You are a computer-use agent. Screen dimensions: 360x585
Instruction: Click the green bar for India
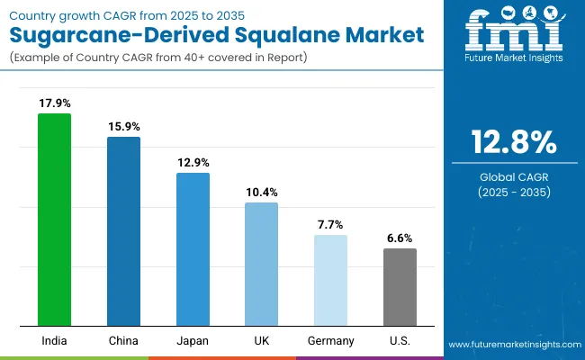pyautogui.click(x=54, y=220)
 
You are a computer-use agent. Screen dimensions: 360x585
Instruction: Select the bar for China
pyautogui.click(x=123, y=231)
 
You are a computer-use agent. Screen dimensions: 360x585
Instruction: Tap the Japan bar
pyautogui.click(x=193, y=249)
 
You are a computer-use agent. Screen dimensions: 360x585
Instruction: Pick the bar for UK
pyautogui.click(x=261, y=264)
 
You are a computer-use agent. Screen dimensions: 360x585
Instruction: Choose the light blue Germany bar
pyautogui.click(x=330, y=280)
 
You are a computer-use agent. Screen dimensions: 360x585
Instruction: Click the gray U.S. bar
pyautogui.click(x=400, y=287)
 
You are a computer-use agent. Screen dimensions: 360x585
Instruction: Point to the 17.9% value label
pyautogui.click(x=54, y=103)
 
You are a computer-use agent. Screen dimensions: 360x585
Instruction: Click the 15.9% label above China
pyautogui.click(x=123, y=126)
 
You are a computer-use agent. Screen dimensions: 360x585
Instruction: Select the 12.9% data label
pyautogui.click(x=193, y=162)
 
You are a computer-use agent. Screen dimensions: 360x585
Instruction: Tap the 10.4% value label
pyautogui.click(x=261, y=192)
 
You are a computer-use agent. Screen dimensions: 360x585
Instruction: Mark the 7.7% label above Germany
pyautogui.click(x=330, y=224)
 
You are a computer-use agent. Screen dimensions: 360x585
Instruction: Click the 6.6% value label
pyautogui.click(x=400, y=238)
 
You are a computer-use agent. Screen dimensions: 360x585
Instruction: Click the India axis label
pyautogui.click(x=54, y=341)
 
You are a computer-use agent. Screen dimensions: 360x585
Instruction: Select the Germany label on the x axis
pyautogui.click(x=330, y=341)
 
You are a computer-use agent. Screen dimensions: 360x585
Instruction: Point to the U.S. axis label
pyautogui.click(x=400, y=341)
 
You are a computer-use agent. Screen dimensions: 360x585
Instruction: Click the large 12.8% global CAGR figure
pyautogui.click(x=513, y=143)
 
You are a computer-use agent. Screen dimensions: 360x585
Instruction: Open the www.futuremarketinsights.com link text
pyautogui.click(x=512, y=345)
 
